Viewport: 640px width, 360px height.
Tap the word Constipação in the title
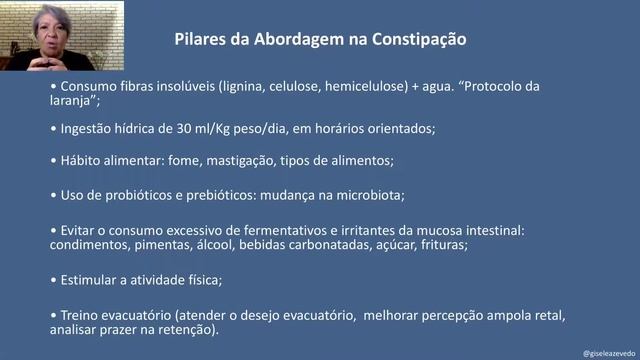(415, 40)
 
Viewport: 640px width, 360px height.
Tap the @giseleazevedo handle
(606, 352)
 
